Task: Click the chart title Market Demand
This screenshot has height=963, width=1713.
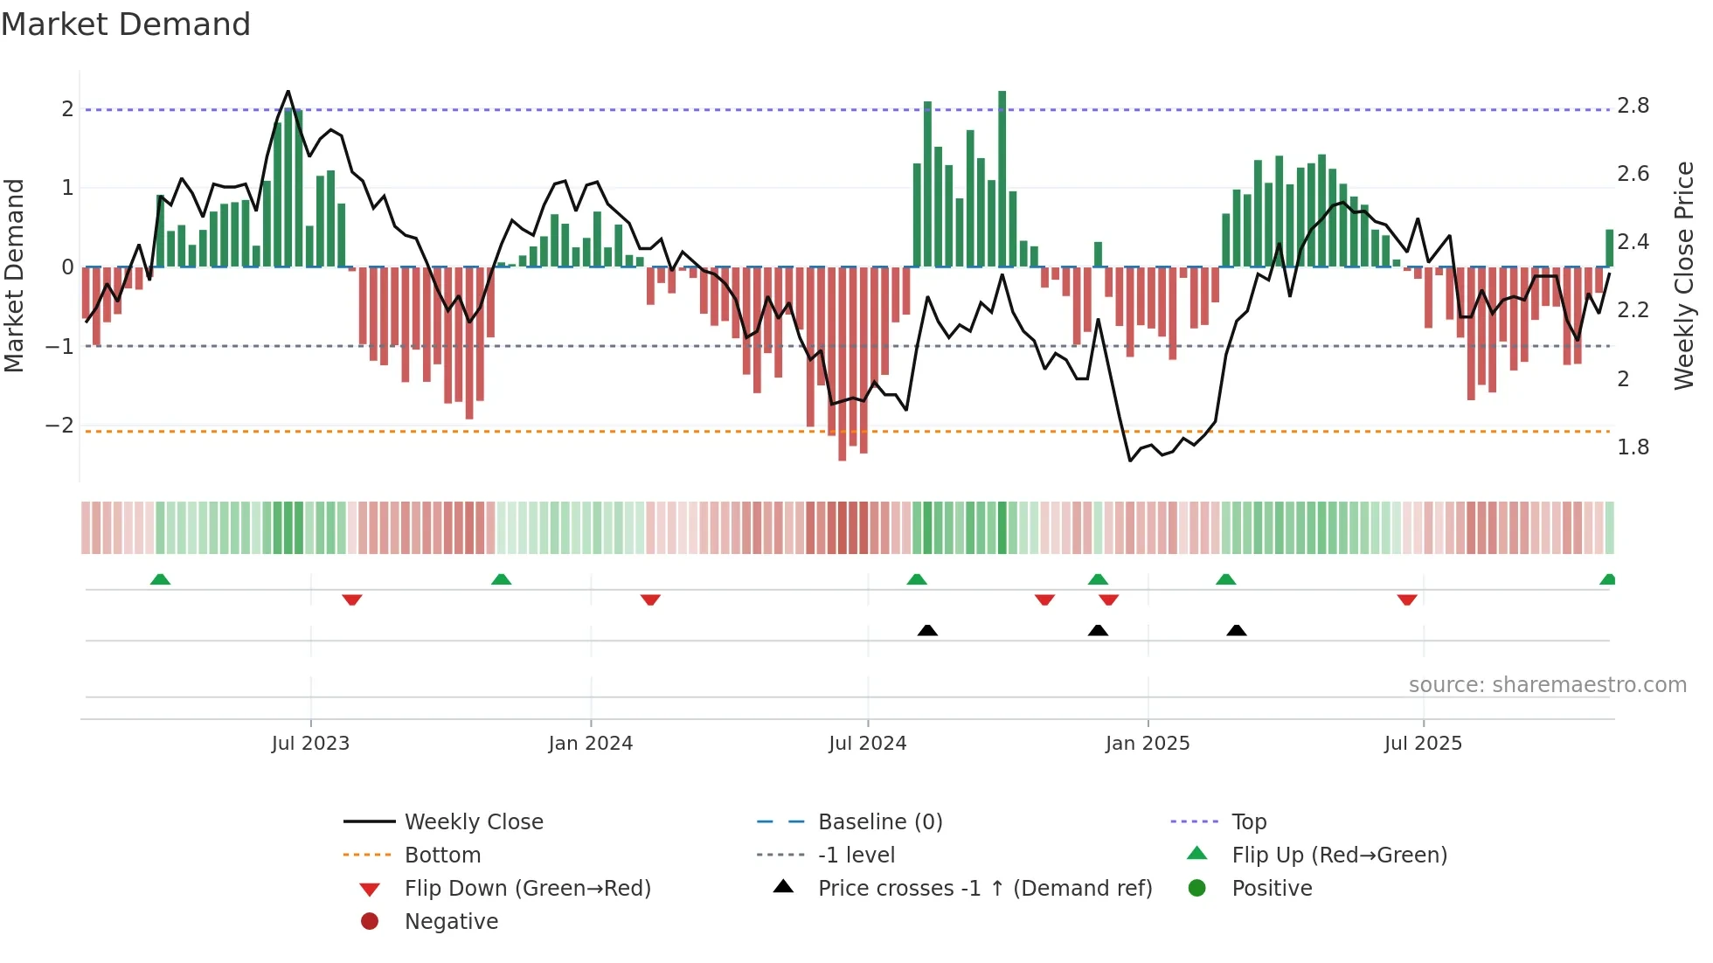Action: pyautogui.click(x=126, y=24)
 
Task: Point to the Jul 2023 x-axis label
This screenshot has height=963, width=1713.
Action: pyautogui.click(x=310, y=744)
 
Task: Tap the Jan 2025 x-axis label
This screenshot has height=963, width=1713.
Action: pyautogui.click(x=1147, y=744)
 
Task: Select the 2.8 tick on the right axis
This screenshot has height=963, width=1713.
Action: pyautogui.click(x=1633, y=106)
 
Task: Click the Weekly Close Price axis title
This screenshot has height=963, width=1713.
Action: pyautogui.click(x=1683, y=275)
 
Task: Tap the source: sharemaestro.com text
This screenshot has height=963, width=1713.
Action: pyautogui.click(x=1547, y=685)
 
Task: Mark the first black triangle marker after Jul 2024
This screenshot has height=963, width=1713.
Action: pyautogui.click(x=927, y=630)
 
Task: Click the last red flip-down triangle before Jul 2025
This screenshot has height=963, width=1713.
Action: pyautogui.click(x=1406, y=599)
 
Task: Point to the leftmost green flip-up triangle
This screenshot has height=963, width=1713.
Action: pyautogui.click(x=160, y=579)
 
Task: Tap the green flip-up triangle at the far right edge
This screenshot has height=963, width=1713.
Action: pyautogui.click(x=1608, y=579)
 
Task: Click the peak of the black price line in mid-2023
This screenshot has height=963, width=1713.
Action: pyautogui.click(x=288, y=92)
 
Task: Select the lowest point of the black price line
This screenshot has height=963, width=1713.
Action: pyautogui.click(x=1130, y=460)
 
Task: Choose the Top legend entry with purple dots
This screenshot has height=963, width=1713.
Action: pyautogui.click(x=1248, y=822)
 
